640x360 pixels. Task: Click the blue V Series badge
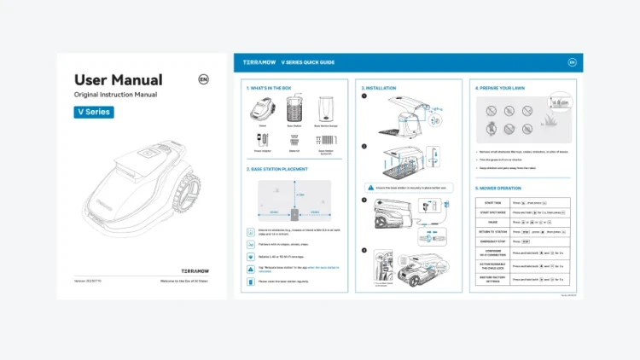pos(94,112)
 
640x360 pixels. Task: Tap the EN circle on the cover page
pos(203,79)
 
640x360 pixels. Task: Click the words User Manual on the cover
pos(118,80)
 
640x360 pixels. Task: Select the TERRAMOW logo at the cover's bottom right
pos(196,270)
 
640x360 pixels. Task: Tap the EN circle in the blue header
pos(573,62)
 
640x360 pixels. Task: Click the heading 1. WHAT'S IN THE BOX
pos(269,88)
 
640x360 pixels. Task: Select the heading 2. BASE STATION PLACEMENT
pos(277,169)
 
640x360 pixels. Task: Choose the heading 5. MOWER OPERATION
pos(499,188)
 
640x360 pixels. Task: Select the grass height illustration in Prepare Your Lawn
pos(558,108)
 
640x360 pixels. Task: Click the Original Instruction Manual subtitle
pos(115,95)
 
